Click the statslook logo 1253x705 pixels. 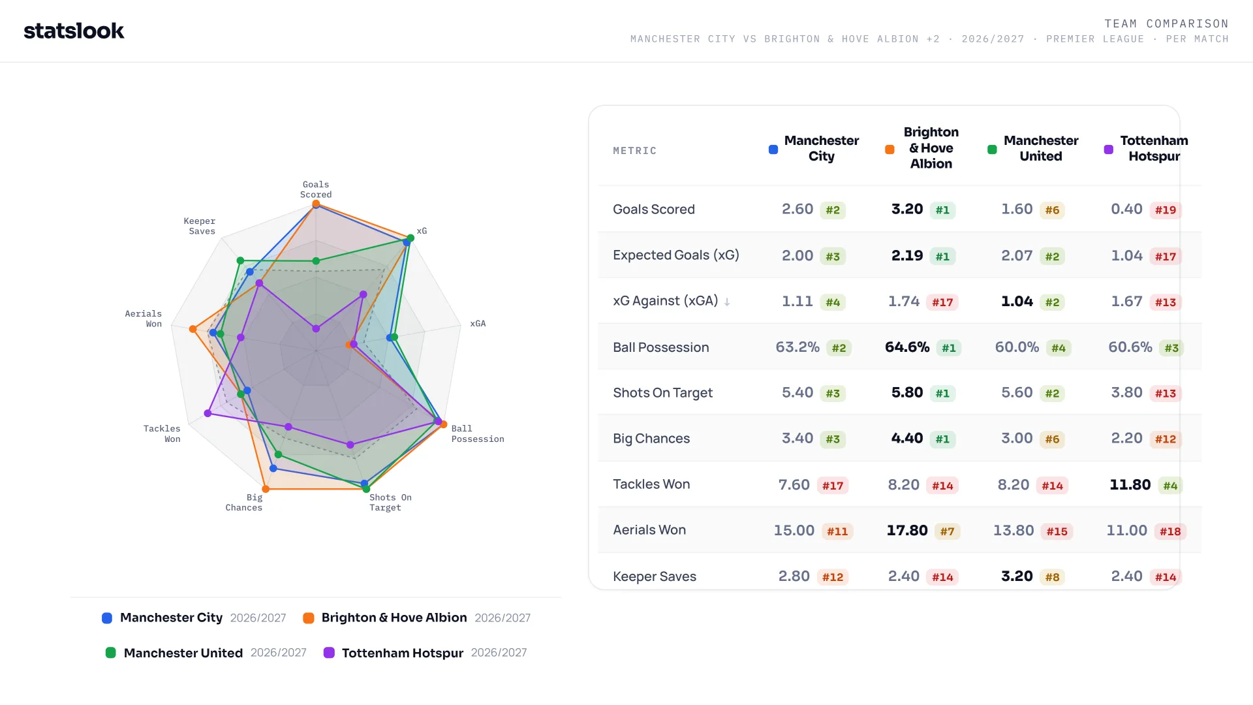[x=74, y=31]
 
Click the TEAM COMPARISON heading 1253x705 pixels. [x=1166, y=23]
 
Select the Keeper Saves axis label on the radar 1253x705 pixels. [x=200, y=226]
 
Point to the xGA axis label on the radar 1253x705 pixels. [x=478, y=323]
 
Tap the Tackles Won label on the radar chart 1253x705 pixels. [x=162, y=433]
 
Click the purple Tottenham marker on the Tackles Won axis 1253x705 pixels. [x=208, y=413]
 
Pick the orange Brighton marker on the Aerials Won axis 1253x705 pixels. [x=193, y=329]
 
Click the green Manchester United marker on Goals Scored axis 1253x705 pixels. [x=316, y=261]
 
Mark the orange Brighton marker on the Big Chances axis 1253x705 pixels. [x=266, y=489]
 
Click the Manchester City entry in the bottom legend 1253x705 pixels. [x=194, y=618]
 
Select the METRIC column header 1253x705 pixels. [x=634, y=151]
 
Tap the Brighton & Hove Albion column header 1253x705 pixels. [x=931, y=148]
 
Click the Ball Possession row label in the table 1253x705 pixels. [x=660, y=347]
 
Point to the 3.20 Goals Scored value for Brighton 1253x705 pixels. [x=907, y=210]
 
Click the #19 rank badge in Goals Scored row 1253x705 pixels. [x=1166, y=210]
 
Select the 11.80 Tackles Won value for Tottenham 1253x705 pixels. [x=1130, y=484]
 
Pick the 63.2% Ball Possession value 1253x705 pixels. [x=797, y=347]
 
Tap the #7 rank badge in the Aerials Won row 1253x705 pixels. [x=947, y=531]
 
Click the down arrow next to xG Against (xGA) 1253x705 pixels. [x=727, y=302]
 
